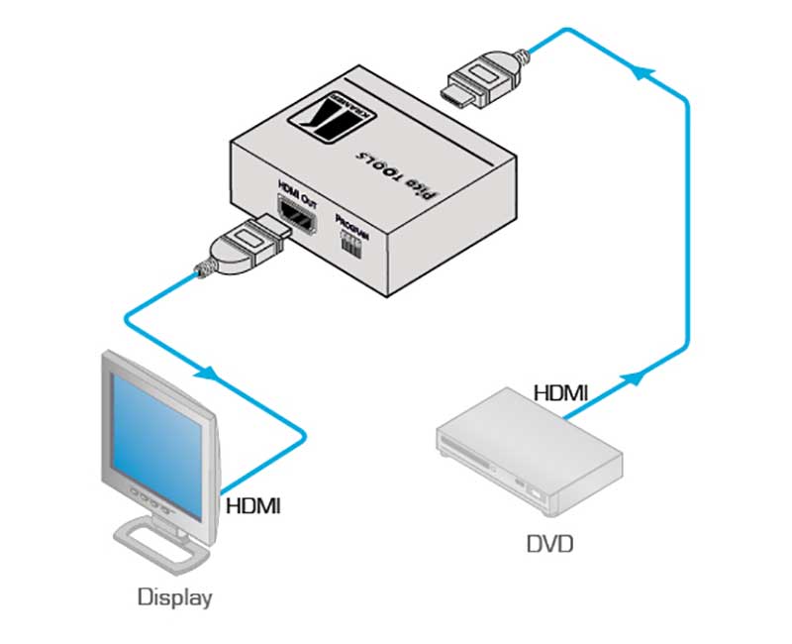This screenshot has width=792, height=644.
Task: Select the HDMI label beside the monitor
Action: (x=253, y=507)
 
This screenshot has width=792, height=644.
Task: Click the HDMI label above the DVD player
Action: (x=561, y=393)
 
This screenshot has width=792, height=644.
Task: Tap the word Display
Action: (x=174, y=597)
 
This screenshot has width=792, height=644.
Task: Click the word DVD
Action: (x=550, y=544)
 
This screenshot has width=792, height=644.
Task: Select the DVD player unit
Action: (x=530, y=452)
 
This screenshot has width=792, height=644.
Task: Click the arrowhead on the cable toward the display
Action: (x=208, y=375)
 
